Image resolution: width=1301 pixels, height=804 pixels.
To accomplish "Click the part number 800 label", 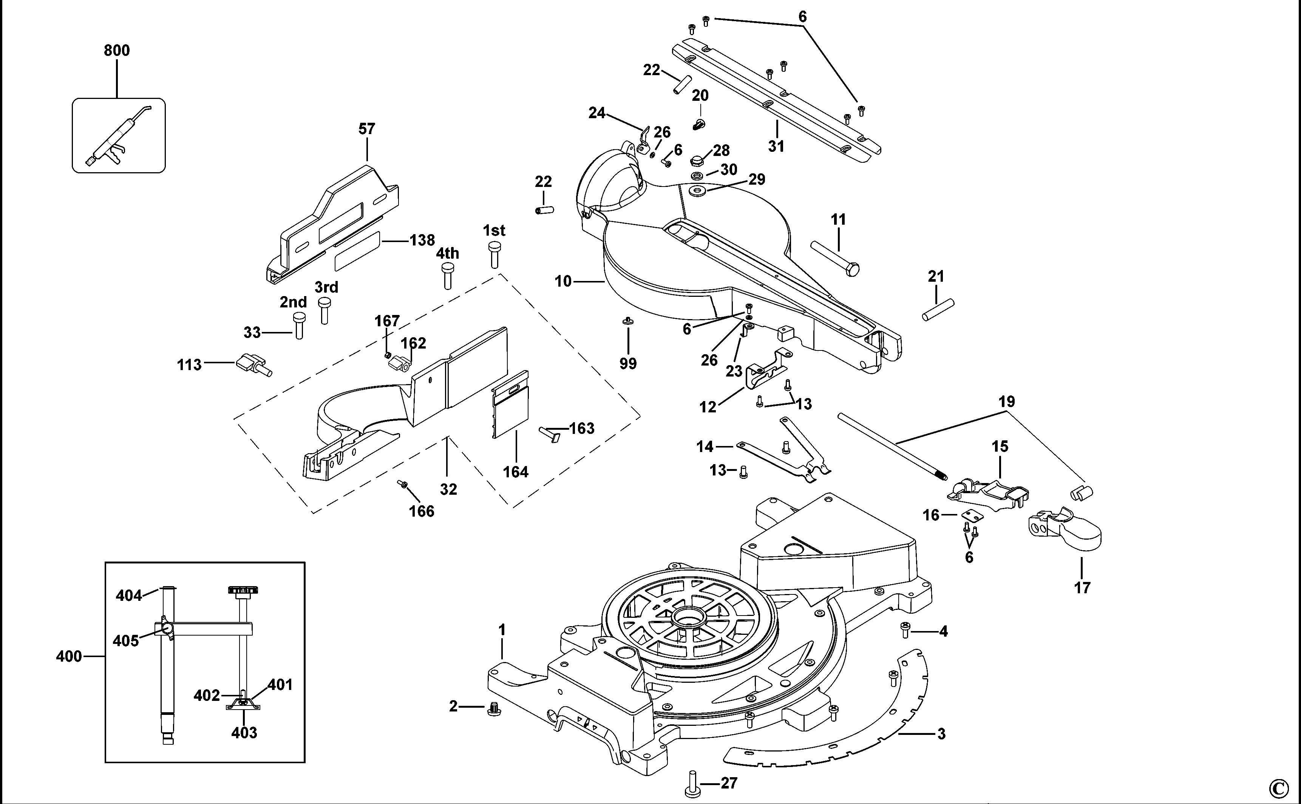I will (x=116, y=51).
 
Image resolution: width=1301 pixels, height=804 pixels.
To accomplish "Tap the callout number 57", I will (x=366, y=129).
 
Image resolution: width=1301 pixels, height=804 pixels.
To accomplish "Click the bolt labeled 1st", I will (x=494, y=254).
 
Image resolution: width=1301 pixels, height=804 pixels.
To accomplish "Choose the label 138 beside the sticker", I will (x=422, y=240).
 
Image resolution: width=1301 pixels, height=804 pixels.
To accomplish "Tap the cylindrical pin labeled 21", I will (x=938, y=309).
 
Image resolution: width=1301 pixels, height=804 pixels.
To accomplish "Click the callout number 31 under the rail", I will (x=776, y=146).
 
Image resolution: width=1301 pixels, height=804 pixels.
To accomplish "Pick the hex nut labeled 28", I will (x=696, y=160).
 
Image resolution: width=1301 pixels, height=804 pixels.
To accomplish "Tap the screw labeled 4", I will (x=905, y=631).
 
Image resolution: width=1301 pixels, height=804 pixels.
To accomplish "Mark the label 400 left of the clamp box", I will (x=69, y=656).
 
